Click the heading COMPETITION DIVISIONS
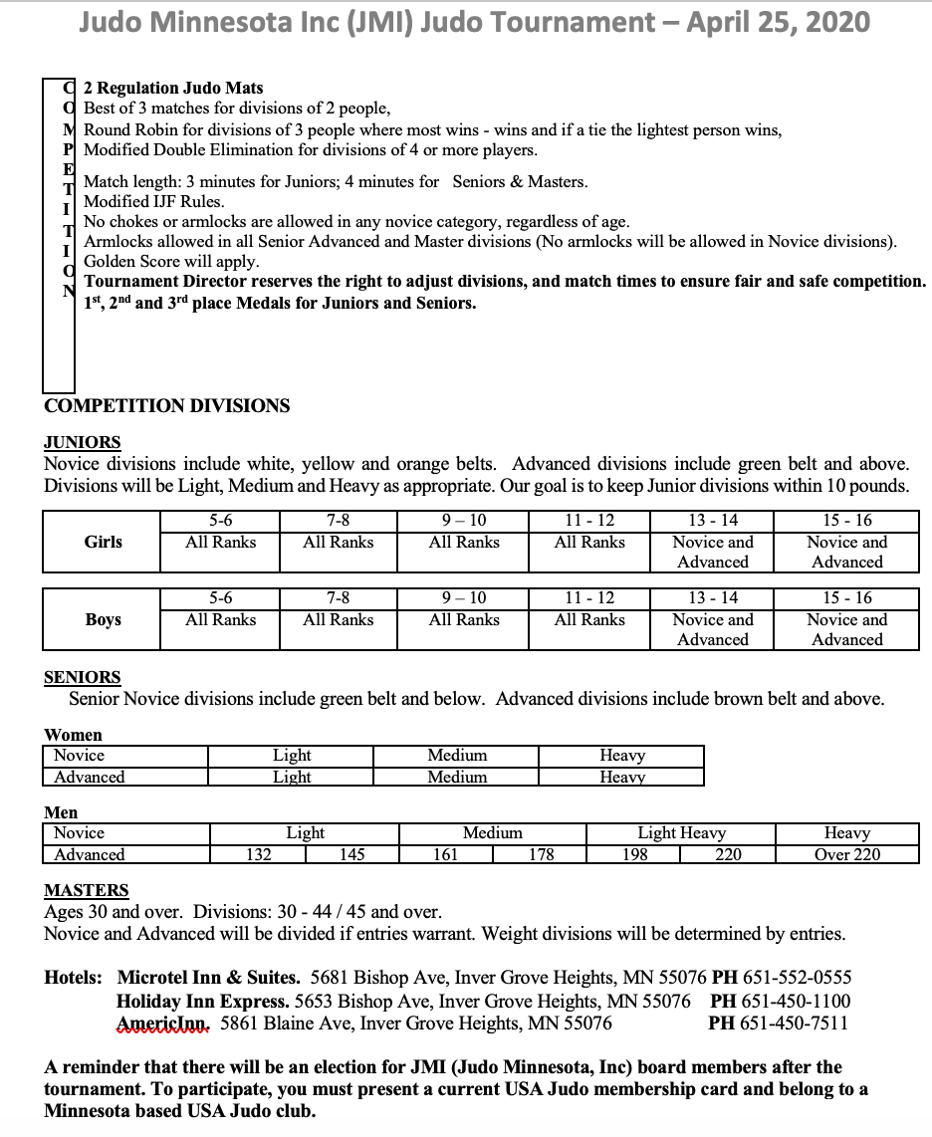(x=167, y=406)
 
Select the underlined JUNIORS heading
(x=83, y=443)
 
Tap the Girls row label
(x=104, y=542)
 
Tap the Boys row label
(x=103, y=619)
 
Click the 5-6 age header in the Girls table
(x=221, y=521)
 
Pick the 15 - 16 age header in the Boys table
(x=847, y=598)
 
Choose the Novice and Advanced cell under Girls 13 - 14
(x=713, y=552)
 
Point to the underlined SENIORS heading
(x=83, y=678)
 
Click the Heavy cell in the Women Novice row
(x=622, y=756)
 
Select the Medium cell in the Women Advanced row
(x=457, y=777)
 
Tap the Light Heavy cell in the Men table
(x=682, y=833)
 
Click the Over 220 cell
(x=847, y=854)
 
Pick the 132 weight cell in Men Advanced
(x=259, y=854)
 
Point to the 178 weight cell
(x=541, y=854)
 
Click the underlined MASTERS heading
(x=87, y=891)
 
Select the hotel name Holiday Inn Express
(x=203, y=1001)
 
